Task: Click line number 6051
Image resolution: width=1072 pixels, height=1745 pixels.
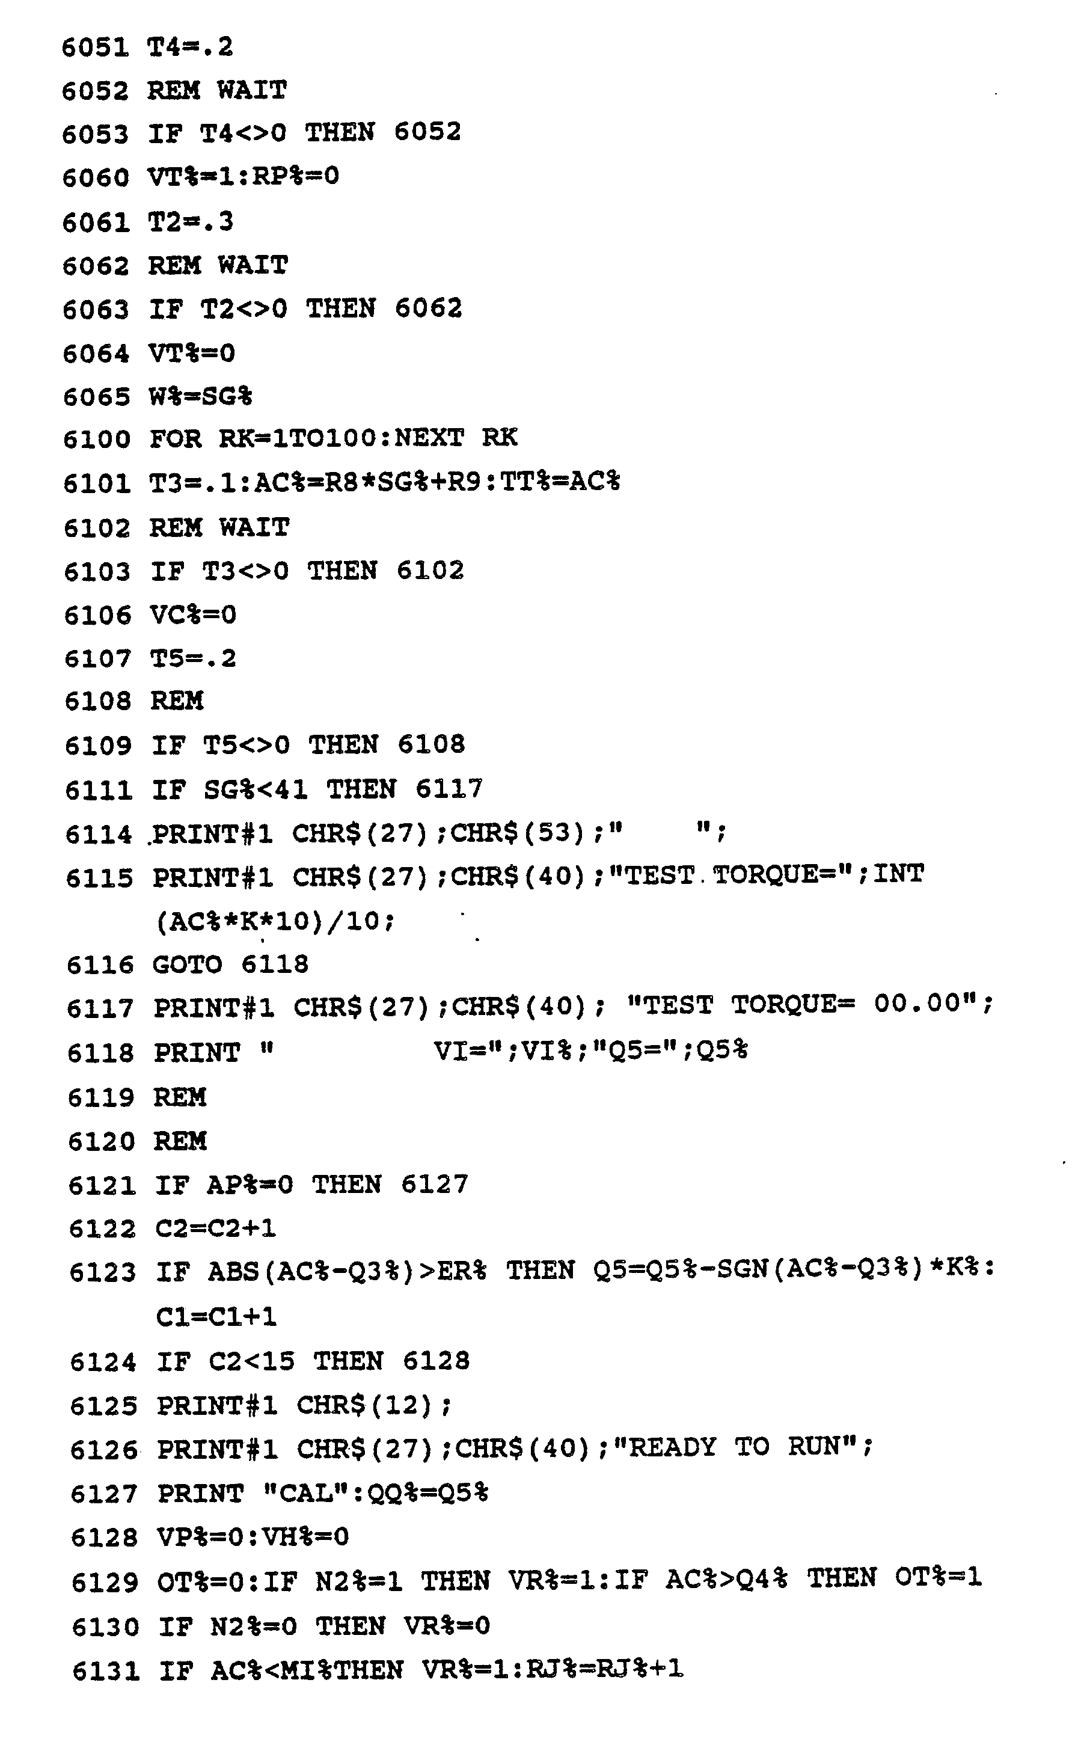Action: [95, 48]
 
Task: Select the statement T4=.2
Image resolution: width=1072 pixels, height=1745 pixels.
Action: [190, 47]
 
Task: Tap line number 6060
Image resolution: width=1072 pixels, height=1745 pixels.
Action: [96, 178]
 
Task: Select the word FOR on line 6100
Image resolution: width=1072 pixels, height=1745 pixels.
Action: [175, 439]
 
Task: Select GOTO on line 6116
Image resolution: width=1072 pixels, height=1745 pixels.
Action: [187, 965]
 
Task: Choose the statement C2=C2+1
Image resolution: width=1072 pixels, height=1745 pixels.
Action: [215, 1228]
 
